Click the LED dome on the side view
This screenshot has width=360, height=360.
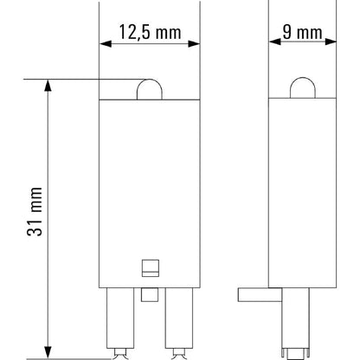pyautogui.click(x=299, y=91)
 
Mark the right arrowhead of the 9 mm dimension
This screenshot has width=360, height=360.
pyautogui.click(x=325, y=42)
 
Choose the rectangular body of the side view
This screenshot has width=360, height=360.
pyautogui.click(x=299, y=190)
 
